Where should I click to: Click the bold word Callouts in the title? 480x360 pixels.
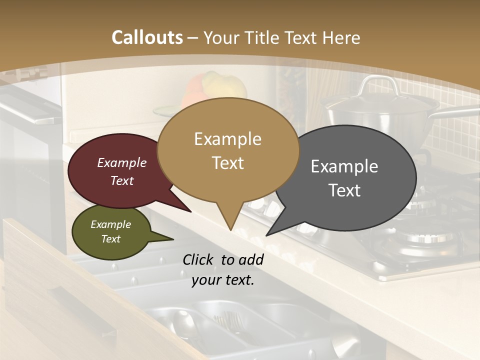click(x=147, y=37)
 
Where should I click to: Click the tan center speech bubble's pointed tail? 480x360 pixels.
click(x=230, y=220)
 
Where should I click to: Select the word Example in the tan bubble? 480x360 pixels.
click(x=227, y=139)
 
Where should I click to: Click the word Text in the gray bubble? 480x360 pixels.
click(x=344, y=190)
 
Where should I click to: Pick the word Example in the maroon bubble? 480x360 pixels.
click(x=121, y=162)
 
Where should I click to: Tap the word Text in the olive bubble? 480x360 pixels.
click(x=110, y=239)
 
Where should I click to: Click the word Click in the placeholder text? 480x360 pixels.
click(x=199, y=259)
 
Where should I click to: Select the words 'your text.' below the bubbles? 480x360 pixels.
click(x=223, y=280)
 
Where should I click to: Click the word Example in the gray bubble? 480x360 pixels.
click(x=344, y=166)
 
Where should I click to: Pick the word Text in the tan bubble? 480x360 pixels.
click(x=228, y=163)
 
